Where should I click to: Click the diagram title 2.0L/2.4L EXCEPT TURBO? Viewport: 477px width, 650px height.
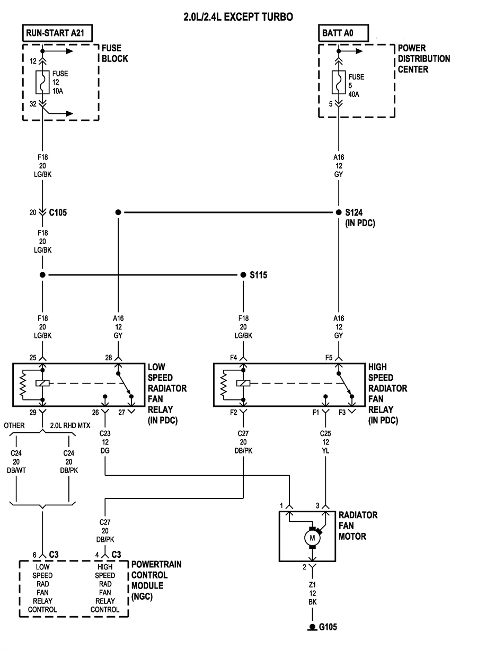click(238, 17)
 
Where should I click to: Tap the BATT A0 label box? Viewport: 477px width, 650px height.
click(338, 34)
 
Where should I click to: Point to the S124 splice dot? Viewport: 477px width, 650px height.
click(339, 212)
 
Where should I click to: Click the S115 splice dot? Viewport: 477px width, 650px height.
click(243, 275)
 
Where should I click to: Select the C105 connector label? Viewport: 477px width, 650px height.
click(58, 212)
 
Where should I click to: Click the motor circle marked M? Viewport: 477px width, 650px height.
click(312, 538)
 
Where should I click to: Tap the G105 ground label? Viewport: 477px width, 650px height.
click(327, 627)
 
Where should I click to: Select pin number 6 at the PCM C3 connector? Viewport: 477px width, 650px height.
click(34, 555)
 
